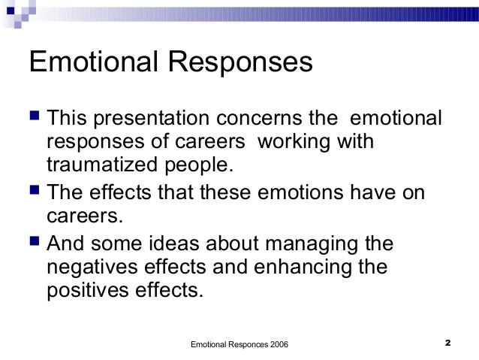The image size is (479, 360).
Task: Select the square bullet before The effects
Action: click(x=34, y=192)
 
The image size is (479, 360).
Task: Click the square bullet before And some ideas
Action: click(x=34, y=243)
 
